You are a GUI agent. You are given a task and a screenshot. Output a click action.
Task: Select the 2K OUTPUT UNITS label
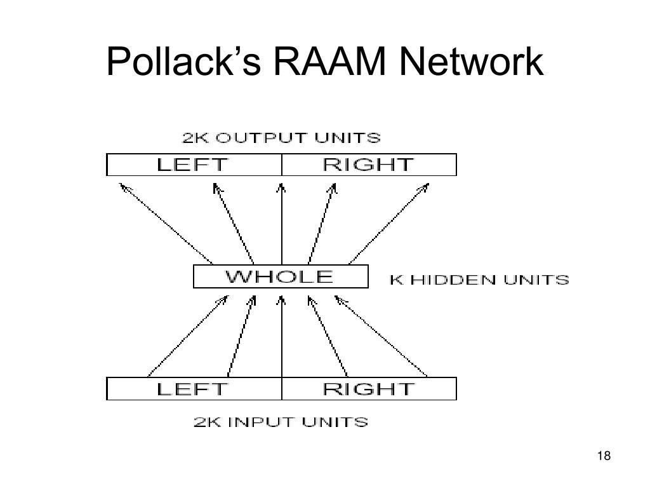pos(281,138)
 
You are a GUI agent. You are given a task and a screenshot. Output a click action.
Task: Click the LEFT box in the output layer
pos(194,165)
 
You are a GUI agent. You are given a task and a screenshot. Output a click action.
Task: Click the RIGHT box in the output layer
pos(369,165)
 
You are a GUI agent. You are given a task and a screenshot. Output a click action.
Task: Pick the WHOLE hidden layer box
pos(281,277)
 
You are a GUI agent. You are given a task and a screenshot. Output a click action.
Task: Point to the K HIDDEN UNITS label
pos(479,280)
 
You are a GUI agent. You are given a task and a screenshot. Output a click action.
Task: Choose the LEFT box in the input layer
pos(194,388)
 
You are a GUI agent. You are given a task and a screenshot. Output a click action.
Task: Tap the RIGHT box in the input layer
pos(369,388)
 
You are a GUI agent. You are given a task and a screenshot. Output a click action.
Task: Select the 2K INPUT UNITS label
pos(281,421)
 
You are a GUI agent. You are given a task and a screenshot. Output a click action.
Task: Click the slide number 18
pos(604,456)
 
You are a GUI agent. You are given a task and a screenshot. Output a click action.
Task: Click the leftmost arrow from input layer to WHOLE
pos(187,335)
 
